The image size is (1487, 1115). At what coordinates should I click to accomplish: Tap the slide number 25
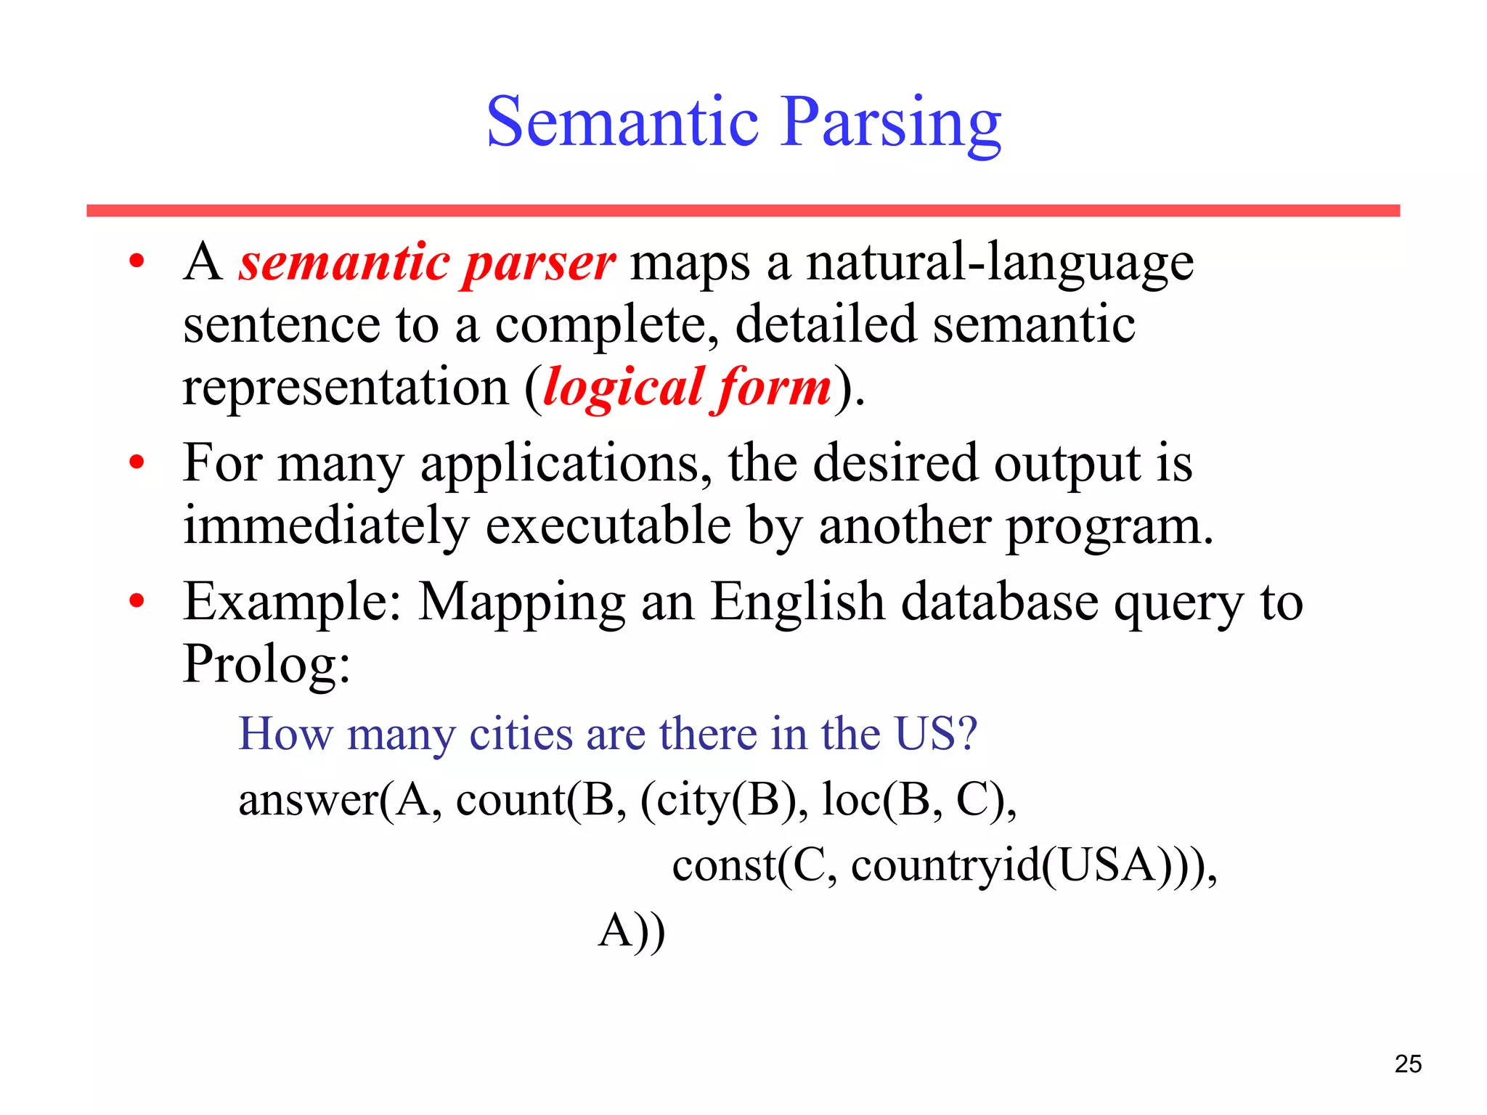pos(1408,1063)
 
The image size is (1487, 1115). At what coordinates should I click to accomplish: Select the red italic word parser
pos(539,264)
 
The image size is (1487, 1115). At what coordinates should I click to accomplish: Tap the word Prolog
pos(265,664)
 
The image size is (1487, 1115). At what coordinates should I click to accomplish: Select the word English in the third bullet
pos(797,603)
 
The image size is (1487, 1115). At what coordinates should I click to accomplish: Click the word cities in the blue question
pos(521,734)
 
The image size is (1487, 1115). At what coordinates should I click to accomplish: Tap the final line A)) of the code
pos(631,931)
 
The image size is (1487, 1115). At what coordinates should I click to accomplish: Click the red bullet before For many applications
pos(137,463)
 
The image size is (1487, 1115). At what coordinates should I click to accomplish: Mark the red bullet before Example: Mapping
pos(137,601)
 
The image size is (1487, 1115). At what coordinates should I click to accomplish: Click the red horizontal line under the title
pos(743,211)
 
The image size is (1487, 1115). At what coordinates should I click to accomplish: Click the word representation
pos(346,388)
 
